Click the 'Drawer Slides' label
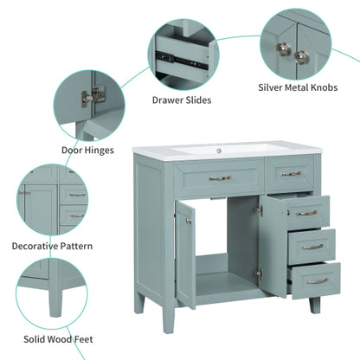coord(181,100)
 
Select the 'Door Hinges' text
coord(87,149)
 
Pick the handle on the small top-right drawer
coord(291,174)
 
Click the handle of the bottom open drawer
coord(316,280)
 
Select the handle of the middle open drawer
coord(312,247)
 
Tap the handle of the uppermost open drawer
coord(307,213)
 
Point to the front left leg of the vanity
coord(139,304)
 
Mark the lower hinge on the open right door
coord(258,273)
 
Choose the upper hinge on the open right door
coord(258,209)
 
